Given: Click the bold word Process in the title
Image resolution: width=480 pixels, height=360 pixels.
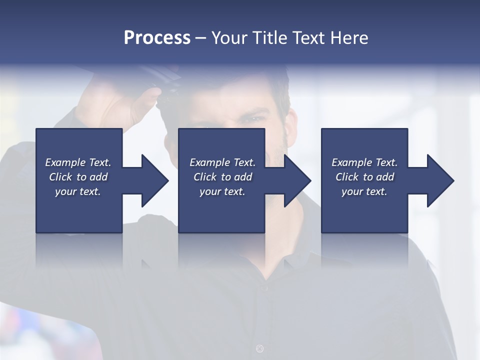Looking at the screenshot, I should coord(157,37).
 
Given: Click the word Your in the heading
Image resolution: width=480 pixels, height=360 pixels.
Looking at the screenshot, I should coord(230,37).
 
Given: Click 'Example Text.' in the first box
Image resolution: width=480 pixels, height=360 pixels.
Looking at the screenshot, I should coord(78,162).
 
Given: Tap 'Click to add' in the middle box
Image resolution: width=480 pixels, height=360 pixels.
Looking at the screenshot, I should coord(222,177).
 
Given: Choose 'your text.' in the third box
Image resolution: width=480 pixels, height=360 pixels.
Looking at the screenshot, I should coord(364,191).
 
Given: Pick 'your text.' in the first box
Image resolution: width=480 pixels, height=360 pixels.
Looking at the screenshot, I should coord(78,191).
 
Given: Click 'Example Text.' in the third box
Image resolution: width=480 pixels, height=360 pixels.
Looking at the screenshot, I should coord(364,162).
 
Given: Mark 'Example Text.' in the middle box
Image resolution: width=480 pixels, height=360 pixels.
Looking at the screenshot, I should coord(222,162).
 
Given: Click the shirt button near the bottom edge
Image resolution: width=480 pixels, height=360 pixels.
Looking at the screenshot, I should coord(259,348).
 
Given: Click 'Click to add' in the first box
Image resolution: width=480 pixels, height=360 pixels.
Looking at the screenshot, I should coord(78,177).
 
